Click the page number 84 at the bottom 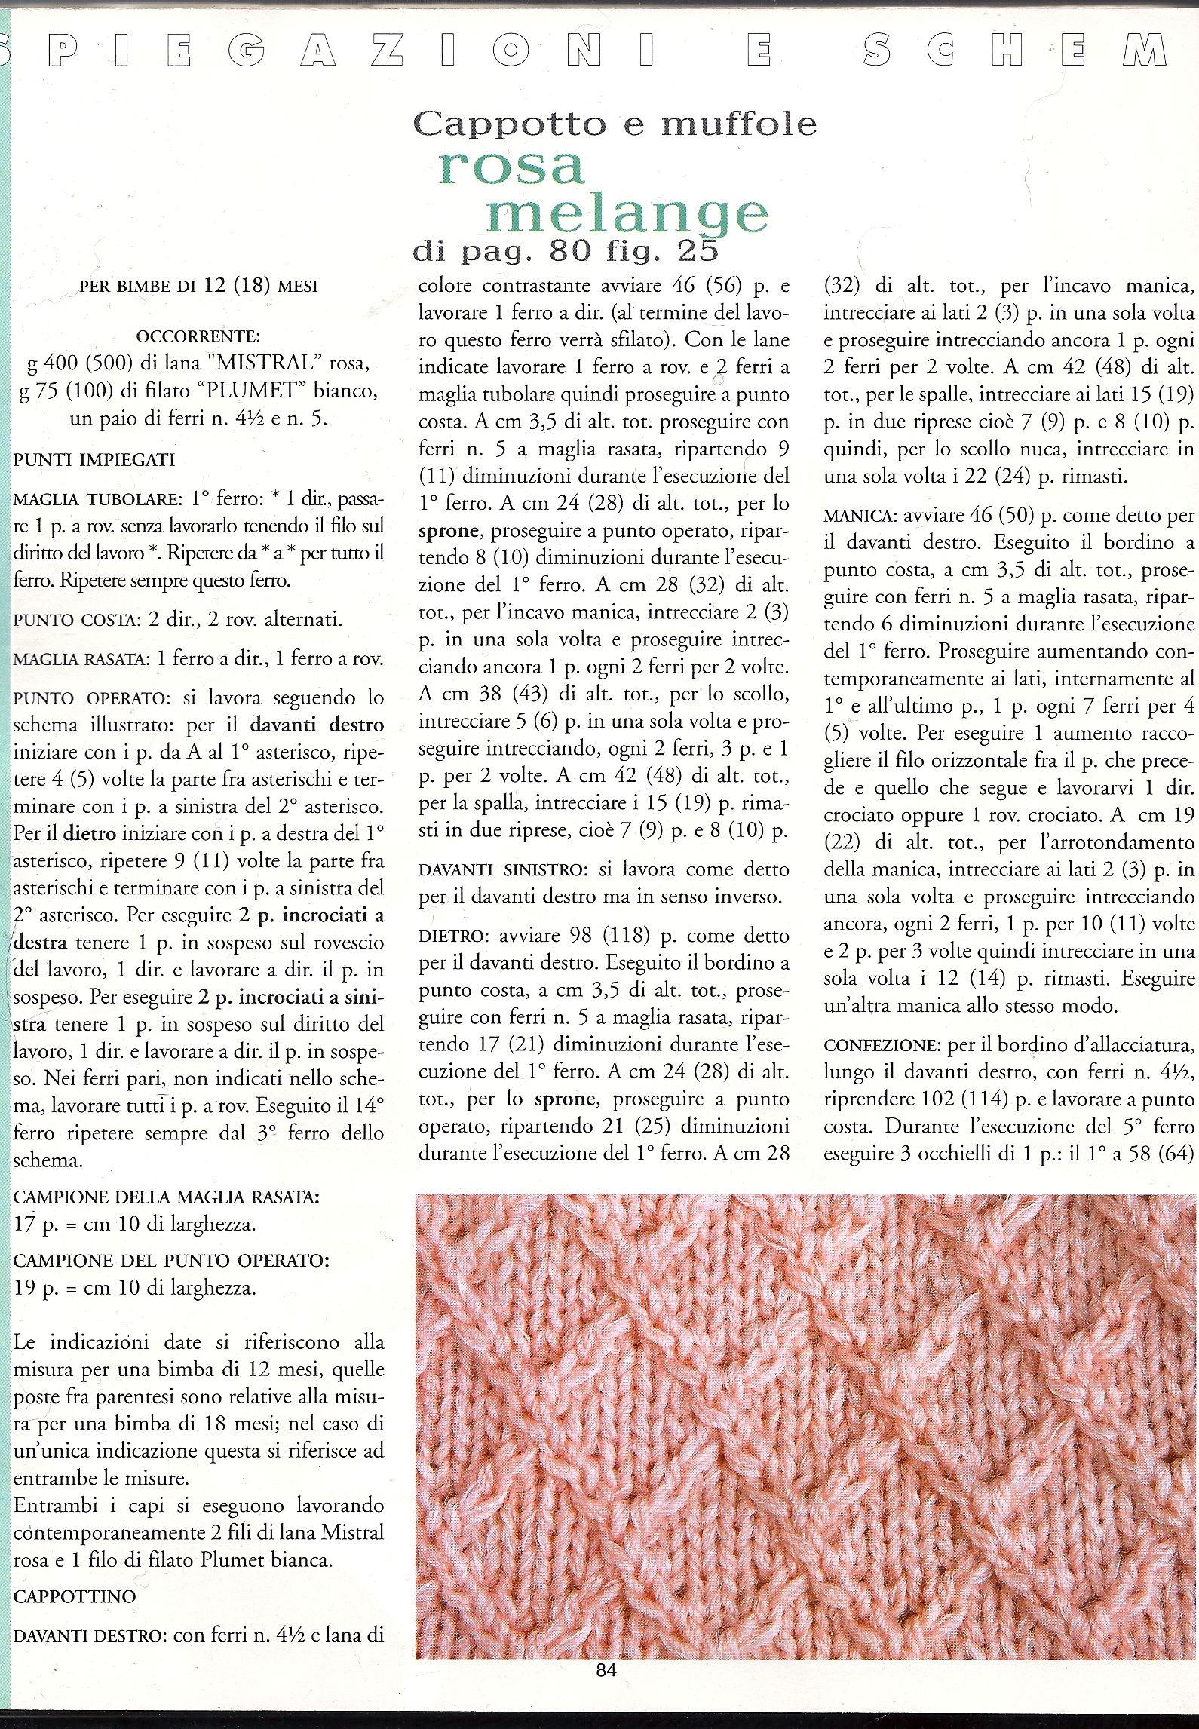tap(606, 1670)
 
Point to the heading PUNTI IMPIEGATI tap(94, 460)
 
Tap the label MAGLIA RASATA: tap(79, 659)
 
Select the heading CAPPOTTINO tap(75, 1596)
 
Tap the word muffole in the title tap(739, 124)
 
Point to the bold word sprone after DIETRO tap(566, 1099)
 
